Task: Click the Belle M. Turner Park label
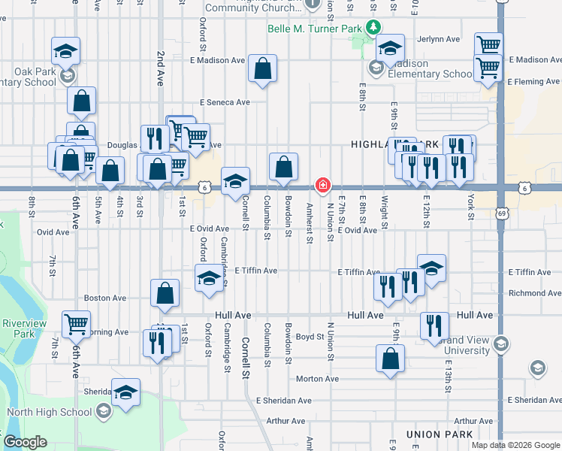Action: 315,29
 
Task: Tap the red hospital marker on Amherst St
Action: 323,184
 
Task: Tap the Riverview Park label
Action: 24,328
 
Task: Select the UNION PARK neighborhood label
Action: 439,434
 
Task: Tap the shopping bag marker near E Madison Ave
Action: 263,69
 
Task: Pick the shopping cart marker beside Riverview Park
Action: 77,324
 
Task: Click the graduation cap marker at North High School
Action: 125,392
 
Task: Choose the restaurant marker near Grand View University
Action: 434,325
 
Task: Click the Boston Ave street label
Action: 104,298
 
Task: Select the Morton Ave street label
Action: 315,378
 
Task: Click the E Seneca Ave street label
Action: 224,102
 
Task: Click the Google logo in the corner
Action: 26,442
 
